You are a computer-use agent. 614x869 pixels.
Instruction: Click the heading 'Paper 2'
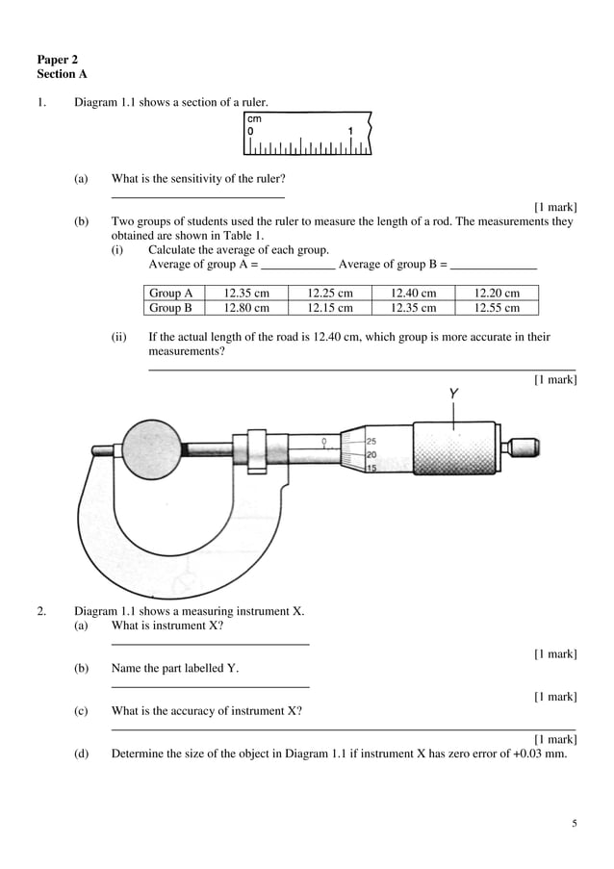coord(57,60)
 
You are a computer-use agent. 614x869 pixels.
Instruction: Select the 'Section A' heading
coord(62,73)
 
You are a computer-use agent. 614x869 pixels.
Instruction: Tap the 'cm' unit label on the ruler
coord(254,117)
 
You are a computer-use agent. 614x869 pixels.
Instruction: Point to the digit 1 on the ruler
coord(350,131)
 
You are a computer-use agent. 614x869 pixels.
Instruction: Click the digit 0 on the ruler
coord(251,131)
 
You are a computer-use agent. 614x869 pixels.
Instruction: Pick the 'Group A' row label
coord(171,294)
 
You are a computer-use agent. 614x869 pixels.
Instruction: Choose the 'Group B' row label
coord(171,308)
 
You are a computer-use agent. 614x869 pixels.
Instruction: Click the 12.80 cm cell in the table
coord(246,308)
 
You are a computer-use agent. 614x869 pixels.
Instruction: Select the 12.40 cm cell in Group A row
coord(413,294)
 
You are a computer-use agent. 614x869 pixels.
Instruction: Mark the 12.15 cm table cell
coord(330,308)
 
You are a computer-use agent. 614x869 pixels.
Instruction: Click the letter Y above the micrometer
coord(453,394)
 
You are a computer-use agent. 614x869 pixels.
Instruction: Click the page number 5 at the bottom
coord(575,824)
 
